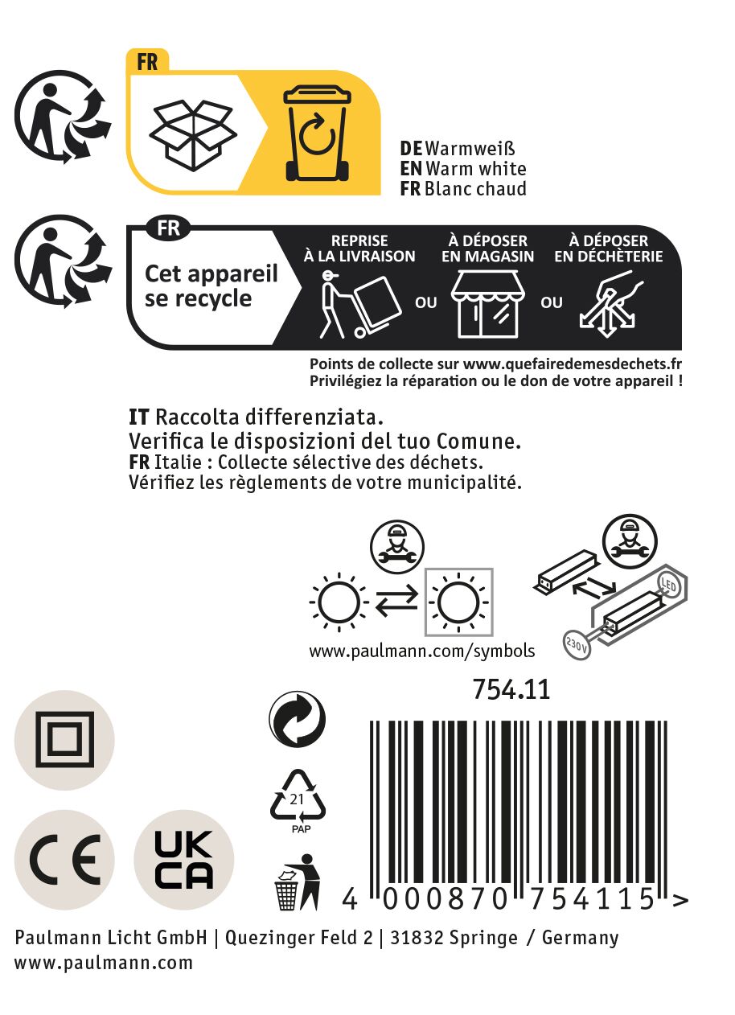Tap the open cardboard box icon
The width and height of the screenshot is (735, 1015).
[193, 135]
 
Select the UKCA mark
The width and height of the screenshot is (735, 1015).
[183, 860]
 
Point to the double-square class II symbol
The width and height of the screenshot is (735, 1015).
[65, 739]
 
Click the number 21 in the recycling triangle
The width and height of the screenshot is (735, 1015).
[297, 799]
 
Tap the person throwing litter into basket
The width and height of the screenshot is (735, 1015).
[298, 881]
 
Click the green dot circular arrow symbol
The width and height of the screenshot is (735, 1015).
[297, 719]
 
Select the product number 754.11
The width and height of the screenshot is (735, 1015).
[511, 689]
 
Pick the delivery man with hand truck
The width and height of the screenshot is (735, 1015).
[361, 305]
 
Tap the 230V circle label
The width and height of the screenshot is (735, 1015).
[577, 643]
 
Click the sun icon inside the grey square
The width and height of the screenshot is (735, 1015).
[458, 602]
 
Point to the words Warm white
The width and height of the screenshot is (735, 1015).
[476, 169]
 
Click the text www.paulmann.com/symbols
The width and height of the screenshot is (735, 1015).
[422, 651]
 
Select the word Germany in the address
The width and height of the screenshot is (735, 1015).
[580, 938]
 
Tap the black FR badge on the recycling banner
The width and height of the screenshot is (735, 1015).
[168, 228]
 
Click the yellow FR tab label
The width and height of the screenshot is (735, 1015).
[147, 62]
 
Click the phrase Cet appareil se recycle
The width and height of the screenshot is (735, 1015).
[211, 286]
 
